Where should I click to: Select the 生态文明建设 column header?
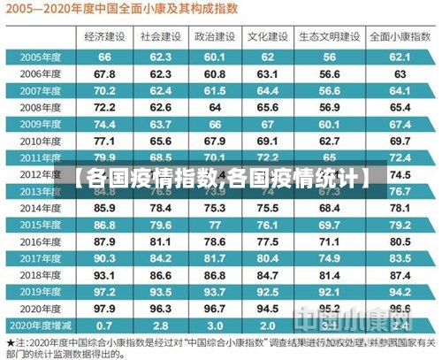pyautogui.click(x=329, y=37)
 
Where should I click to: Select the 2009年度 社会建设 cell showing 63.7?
pyautogui.click(x=160, y=124)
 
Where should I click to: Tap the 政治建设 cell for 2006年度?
pyautogui.click(x=215, y=73)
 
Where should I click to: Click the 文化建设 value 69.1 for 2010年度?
pyautogui.click(x=268, y=141)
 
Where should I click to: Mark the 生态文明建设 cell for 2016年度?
pyautogui.click(x=329, y=241)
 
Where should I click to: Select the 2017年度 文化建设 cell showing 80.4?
pyautogui.click(x=268, y=257)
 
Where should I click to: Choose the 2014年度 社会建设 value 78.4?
pyautogui.click(x=160, y=208)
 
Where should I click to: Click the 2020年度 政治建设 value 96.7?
pyautogui.click(x=215, y=308)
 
